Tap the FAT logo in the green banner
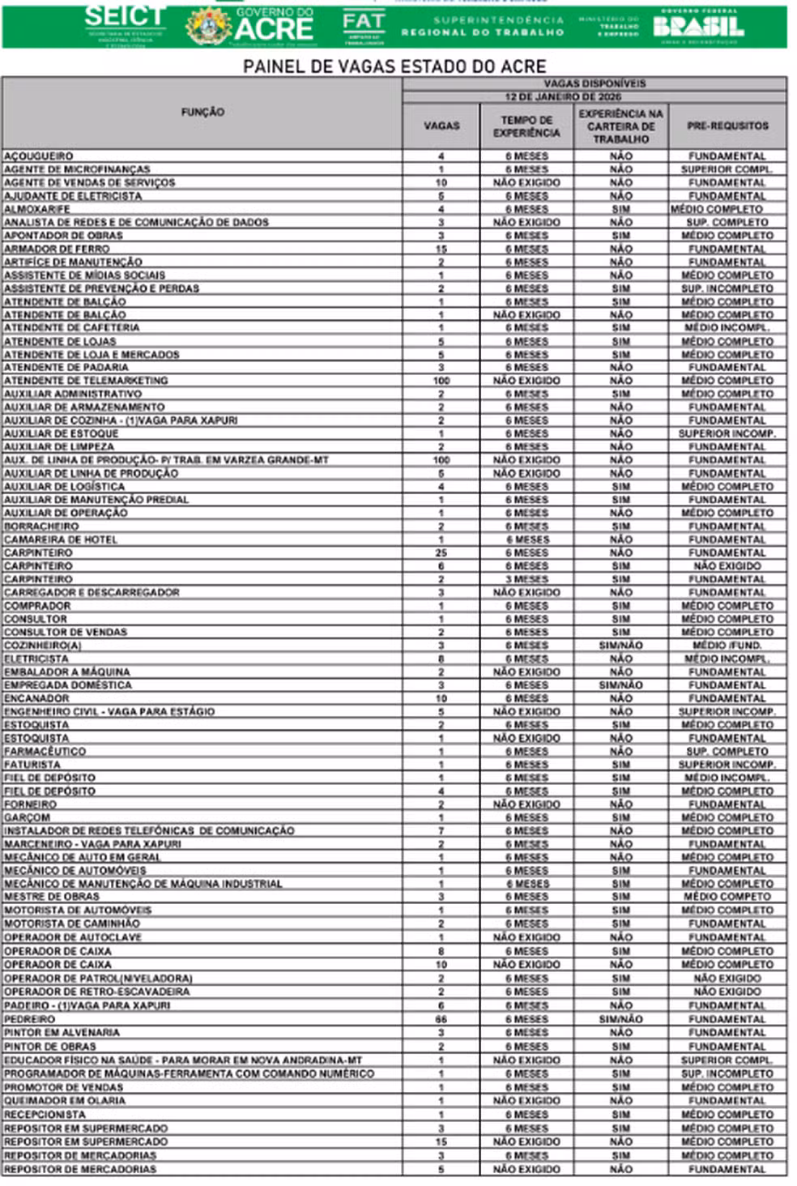coord(363,26)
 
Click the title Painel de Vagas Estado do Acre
coord(394,66)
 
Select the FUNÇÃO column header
coord(202,112)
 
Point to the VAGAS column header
coord(441,126)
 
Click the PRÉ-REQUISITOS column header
coord(727,126)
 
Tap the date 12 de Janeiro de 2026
coord(595,96)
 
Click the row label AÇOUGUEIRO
coord(39,156)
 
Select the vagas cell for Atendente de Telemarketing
coord(441,380)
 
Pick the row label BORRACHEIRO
coord(41,526)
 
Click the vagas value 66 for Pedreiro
coord(441,1019)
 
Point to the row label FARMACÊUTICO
coord(45,751)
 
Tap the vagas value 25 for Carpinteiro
coord(441,552)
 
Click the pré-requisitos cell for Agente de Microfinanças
coord(727,169)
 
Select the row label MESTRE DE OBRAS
coord(52,897)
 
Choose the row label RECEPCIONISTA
coord(45,1115)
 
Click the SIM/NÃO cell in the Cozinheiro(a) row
coord(620,646)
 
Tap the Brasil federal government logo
coord(698,26)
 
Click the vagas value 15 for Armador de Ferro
coord(441,249)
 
